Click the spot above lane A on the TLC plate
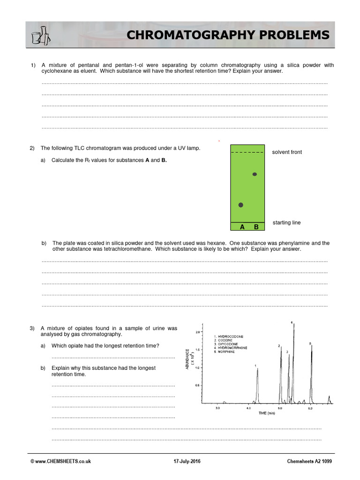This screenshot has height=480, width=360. (241, 205)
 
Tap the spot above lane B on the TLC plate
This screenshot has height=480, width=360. (255, 174)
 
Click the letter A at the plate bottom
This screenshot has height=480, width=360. (242, 227)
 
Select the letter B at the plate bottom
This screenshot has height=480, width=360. (256, 227)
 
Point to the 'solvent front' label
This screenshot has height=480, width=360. (287, 152)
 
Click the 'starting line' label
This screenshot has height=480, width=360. (286, 223)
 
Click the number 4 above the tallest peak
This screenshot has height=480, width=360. (292, 322)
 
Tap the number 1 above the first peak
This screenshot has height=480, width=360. (255, 365)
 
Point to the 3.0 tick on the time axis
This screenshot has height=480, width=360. (217, 409)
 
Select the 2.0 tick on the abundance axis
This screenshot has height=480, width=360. (198, 332)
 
